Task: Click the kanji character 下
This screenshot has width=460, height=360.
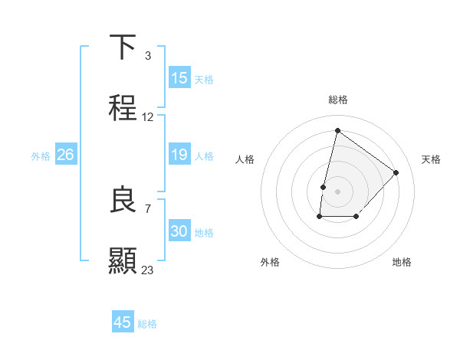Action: (x=123, y=48)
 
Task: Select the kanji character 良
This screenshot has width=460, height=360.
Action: (x=123, y=200)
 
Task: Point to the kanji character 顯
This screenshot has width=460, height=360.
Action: (x=123, y=260)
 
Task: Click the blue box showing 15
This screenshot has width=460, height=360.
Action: (x=179, y=78)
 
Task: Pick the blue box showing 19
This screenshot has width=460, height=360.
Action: (x=179, y=155)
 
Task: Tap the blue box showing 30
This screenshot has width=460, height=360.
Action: (x=179, y=231)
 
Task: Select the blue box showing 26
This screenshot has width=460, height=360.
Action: (x=65, y=155)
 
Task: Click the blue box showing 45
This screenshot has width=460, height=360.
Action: (x=122, y=322)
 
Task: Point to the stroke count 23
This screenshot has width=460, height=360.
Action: (x=147, y=270)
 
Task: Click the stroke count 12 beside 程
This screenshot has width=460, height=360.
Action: (x=147, y=117)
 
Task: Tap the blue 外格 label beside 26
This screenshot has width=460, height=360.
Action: (x=41, y=155)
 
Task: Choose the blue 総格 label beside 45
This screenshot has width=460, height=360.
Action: (x=147, y=323)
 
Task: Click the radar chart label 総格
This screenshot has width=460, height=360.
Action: (x=337, y=100)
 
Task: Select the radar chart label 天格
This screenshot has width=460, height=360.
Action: (x=431, y=159)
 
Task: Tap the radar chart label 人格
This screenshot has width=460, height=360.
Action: (x=245, y=159)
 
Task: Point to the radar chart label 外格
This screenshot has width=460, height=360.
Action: (x=270, y=262)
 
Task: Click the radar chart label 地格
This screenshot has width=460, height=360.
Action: (x=402, y=262)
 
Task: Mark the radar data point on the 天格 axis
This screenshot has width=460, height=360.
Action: (x=396, y=172)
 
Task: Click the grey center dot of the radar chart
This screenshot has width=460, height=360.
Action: (x=337, y=191)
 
